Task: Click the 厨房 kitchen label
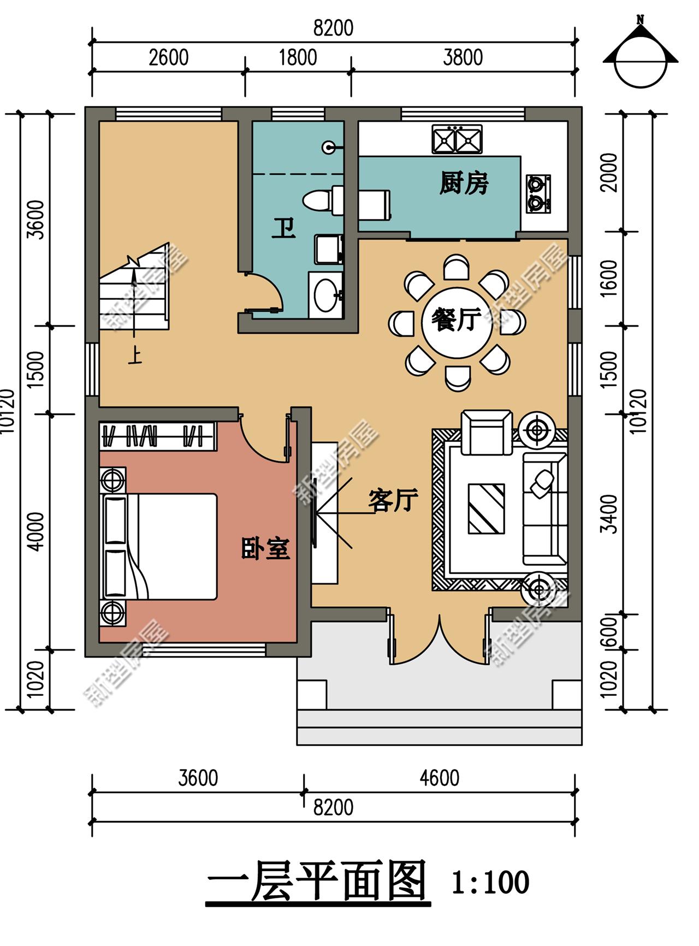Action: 464,183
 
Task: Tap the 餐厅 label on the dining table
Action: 456,320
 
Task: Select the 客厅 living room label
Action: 393,500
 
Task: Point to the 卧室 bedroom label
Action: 265,548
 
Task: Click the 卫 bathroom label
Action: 284,228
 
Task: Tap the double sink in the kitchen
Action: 457,139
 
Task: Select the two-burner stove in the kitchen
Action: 538,194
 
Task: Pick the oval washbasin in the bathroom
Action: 326,295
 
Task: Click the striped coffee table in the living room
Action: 486,509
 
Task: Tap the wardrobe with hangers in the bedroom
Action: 158,436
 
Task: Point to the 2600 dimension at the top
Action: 168,57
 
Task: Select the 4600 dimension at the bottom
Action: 439,778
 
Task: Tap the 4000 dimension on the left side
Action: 36,531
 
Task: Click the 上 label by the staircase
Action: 135,357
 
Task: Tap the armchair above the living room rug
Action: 487,433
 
